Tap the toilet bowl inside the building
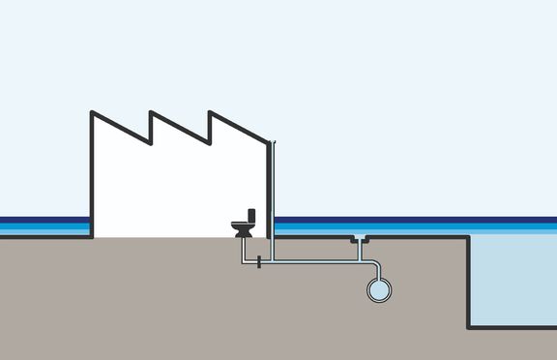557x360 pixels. coord(242,228)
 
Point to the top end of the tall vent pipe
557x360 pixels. coord(276,141)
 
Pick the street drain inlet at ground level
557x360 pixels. coord(361,238)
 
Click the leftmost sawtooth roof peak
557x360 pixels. coord(93,113)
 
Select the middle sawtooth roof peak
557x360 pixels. coord(151,113)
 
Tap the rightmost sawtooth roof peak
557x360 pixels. coord(210,113)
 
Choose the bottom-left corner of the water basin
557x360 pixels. coord(470,326)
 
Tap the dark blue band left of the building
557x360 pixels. coord(44,220)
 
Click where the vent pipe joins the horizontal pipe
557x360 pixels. coord(276,261)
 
